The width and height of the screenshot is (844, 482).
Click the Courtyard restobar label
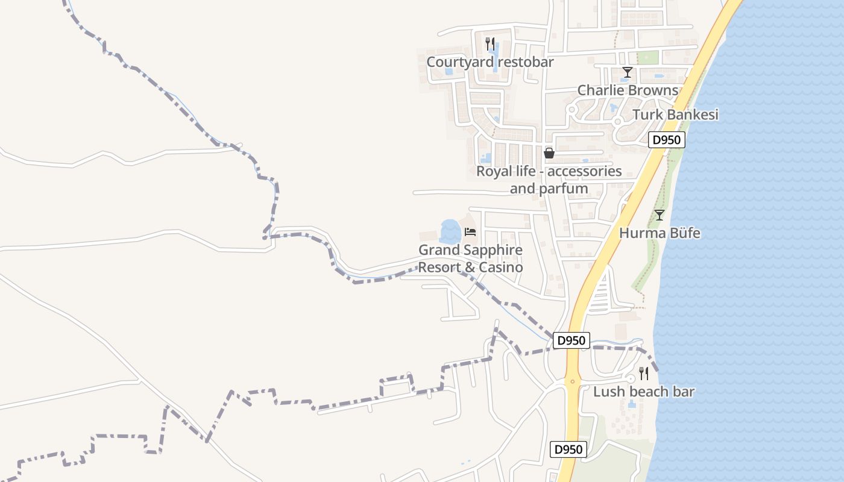pos(490,62)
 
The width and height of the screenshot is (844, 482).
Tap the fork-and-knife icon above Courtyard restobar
pos(490,43)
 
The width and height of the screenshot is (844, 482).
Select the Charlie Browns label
pos(628,90)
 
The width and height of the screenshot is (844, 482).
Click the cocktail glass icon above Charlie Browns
pos(628,73)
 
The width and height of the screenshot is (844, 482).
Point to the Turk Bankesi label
pos(675,114)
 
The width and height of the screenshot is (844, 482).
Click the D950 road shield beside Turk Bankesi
pos(667,140)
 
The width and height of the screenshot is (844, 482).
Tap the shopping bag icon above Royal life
pos(549,153)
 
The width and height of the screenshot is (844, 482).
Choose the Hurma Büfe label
pos(660,233)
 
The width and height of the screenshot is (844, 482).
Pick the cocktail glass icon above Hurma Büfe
pos(660,215)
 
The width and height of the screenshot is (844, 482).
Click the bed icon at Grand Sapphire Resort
pos(470,232)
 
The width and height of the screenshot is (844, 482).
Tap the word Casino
pos(500,267)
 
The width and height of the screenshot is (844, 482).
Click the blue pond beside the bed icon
pos(450,231)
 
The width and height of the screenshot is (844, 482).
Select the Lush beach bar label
pos(643,392)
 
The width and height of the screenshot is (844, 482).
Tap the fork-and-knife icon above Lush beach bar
pos(643,374)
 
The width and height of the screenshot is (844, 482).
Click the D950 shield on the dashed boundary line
pos(571,340)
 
